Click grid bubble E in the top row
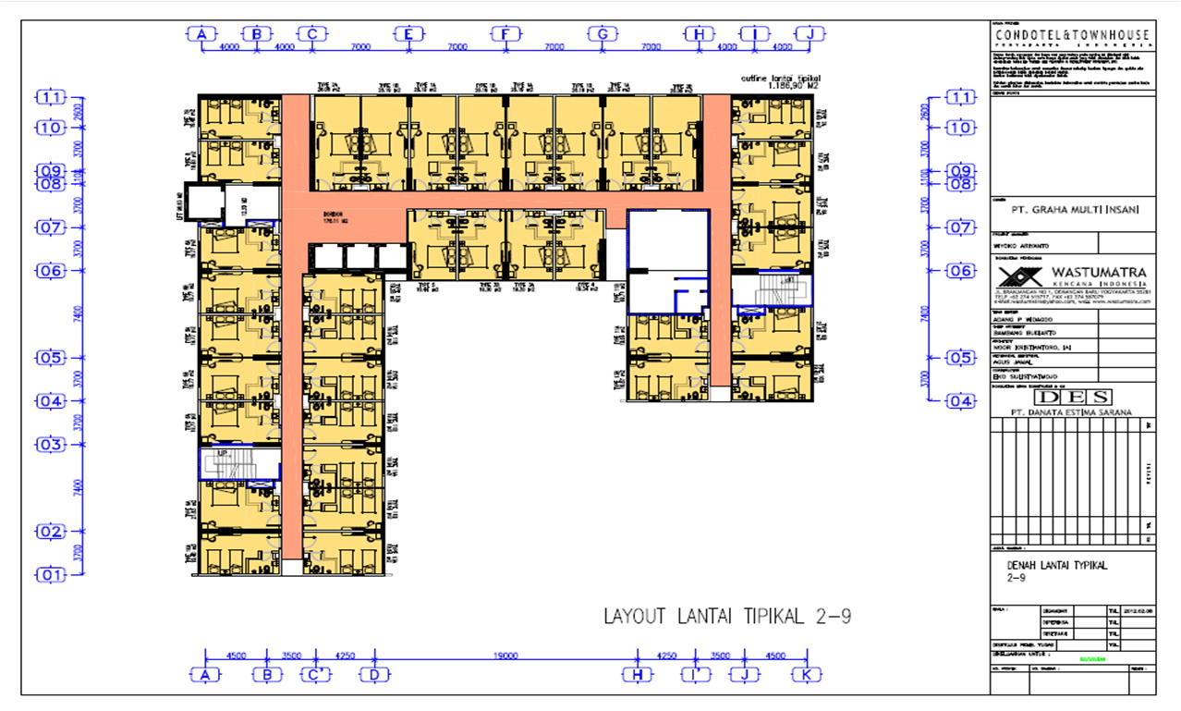coord(408,35)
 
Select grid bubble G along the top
coord(602,35)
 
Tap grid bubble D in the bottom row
coord(374,675)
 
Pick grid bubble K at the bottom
coord(807,675)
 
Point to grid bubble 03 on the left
coord(51,445)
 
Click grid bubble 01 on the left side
coord(51,575)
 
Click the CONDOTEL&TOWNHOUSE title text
coord(1072,35)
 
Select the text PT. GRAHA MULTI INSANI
coord(1072,210)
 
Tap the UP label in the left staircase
coord(222,454)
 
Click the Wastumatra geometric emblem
coord(1018,276)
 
